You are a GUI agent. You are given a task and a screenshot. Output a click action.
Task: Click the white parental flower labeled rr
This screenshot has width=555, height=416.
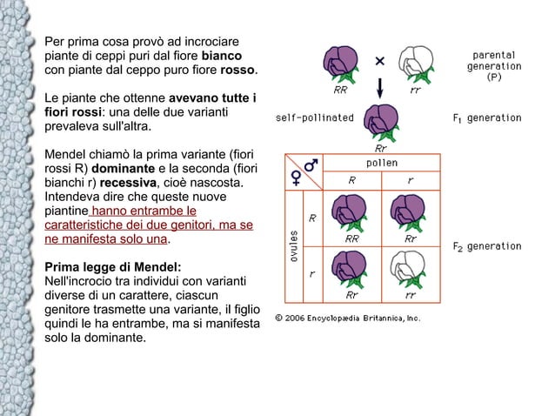[415, 64]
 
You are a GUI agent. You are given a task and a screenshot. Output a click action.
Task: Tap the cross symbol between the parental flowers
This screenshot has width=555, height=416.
[380, 61]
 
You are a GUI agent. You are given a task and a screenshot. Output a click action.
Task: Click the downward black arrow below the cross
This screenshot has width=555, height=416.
[380, 88]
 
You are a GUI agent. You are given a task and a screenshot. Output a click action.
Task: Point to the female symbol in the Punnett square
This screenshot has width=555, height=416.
[296, 178]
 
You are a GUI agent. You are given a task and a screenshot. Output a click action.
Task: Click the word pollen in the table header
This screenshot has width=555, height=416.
[381, 163]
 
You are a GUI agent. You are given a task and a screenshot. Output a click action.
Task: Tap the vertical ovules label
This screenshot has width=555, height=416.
[295, 248]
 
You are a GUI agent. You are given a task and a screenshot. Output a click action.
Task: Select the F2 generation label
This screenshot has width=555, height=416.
[487, 246]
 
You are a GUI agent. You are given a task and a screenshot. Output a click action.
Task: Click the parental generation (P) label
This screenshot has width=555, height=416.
[494, 65]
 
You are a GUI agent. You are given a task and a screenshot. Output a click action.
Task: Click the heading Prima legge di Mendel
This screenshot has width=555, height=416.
[113, 267]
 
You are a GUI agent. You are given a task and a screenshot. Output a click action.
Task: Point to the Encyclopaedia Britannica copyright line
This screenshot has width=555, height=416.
[347, 317]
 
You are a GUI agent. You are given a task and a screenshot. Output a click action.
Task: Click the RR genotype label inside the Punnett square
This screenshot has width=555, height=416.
[352, 238]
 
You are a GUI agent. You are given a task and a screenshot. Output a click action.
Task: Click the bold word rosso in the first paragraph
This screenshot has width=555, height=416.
[237, 70]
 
